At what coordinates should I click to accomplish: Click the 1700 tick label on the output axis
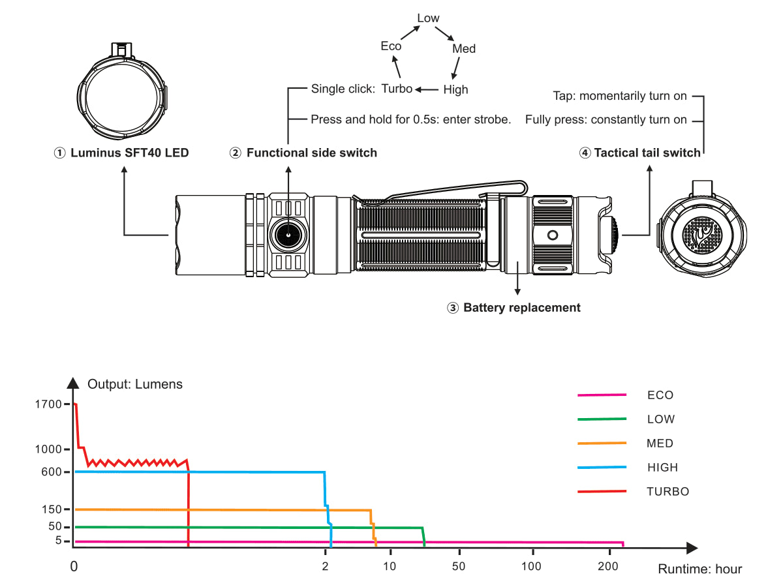tap(50, 404)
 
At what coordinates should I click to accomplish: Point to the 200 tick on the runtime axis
tap(608, 565)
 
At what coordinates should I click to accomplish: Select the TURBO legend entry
tap(668, 491)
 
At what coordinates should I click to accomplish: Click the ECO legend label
tap(660, 395)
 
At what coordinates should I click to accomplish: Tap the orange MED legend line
tap(602, 443)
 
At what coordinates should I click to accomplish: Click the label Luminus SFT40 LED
tap(129, 153)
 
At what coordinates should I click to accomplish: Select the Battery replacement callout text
tap(521, 307)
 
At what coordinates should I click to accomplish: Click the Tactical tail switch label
tap(647, 153)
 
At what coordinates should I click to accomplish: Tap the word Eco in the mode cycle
tap(391, 46)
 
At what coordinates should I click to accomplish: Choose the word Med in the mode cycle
tap(464, 49)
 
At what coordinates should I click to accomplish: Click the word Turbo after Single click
tap(397, 89)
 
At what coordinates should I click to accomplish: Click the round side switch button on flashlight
tap(286, 233)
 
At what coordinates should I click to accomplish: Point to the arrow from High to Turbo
tap(427, 89)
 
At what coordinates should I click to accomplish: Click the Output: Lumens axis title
tap(135, 384)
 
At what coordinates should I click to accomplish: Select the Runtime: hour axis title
tap(699, 569)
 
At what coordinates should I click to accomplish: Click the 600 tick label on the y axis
tap(52, 472)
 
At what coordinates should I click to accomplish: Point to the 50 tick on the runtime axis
tap(459, 565)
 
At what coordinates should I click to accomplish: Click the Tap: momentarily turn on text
tap(619, 96)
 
